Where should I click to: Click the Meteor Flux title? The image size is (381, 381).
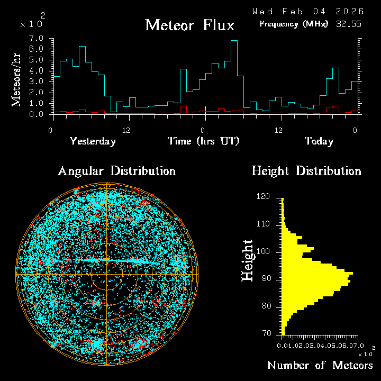(x=189, y=25)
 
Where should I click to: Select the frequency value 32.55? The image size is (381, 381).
(x=349, y=24)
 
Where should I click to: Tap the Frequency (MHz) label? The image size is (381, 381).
(x=294, y=24)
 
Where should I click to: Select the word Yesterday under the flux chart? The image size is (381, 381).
(x=93, y=141)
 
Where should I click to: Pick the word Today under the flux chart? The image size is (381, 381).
(x=319, y=141)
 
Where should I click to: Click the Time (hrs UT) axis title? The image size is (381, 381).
(x=204, y=141)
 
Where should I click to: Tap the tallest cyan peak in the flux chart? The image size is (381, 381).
(x=234, y=41)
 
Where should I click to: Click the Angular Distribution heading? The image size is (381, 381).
(x=116, y=171)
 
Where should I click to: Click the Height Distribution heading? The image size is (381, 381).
(x=306, y=171)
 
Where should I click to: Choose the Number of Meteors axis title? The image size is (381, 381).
(x=320, y=366)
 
